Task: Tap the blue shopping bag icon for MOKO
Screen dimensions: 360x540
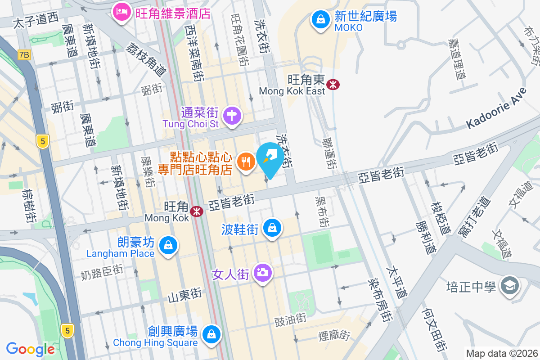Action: pos(320,20)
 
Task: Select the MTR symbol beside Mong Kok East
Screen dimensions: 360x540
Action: pos(333,84)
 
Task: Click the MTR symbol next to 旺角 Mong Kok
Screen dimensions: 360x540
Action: pos(196,211)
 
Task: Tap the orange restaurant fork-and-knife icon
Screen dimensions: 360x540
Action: pos(245,161)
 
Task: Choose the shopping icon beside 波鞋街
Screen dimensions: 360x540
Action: pos(272,228)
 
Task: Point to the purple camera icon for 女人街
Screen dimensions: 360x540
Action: pos(262,273)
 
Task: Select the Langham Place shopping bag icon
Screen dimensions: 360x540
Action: pos(168,246)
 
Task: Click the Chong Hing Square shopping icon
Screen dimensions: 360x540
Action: pos(211,334)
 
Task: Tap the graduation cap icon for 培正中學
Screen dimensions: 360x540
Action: pos(510,285)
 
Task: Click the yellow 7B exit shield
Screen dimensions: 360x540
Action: pos(24,55)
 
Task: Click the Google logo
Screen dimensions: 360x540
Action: pos(31,349)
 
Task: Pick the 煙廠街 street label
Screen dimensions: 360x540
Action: pos(334,335)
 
